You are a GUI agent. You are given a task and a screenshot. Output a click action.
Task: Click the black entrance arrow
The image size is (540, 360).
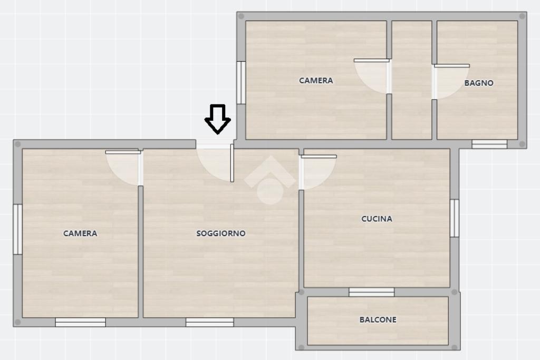(218, 119)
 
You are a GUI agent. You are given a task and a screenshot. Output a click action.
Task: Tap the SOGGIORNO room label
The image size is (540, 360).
(221, 233)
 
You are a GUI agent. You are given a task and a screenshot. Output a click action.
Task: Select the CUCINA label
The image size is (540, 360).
(377, 219)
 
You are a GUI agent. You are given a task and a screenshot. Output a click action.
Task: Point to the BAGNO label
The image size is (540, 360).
(479, 83)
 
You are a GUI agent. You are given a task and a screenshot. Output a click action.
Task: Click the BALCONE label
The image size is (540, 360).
(378, 320)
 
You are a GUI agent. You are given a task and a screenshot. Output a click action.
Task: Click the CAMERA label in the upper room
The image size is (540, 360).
(316, 81)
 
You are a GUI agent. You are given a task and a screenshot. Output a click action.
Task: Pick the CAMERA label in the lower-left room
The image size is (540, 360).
(80, 233)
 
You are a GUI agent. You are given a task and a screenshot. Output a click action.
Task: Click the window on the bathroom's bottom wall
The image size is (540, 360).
(489, 144)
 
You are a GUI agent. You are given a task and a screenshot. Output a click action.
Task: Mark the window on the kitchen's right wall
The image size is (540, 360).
(455, 218)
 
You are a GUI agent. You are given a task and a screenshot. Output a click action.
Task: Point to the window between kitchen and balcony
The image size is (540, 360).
(372, 292)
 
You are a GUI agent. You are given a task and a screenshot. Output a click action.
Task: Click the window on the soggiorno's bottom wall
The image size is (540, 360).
(210, 323)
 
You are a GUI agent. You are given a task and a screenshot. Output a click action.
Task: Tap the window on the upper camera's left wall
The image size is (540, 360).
(241, 83)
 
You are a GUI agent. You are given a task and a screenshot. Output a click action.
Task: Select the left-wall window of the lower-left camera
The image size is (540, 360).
(17, 229)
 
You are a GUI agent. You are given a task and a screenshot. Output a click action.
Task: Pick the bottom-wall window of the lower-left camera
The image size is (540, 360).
(81, 323)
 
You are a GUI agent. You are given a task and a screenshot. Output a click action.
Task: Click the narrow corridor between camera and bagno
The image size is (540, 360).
(412, 80)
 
